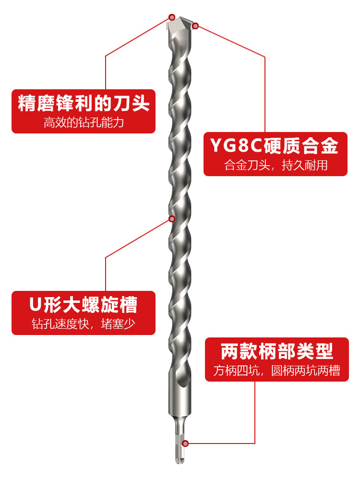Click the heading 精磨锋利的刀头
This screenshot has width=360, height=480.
pos(84,104)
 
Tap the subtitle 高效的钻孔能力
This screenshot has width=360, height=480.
pos(84,123)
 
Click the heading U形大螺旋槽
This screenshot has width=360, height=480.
pos(84,305)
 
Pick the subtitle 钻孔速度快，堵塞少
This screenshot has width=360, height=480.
pos(84,324)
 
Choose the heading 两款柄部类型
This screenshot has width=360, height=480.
pos(277,351)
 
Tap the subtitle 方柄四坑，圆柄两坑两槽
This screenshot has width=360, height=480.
pos(277,371)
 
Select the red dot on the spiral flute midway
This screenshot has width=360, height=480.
pos(172,219)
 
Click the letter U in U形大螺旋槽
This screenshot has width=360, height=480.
pos(34,305)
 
